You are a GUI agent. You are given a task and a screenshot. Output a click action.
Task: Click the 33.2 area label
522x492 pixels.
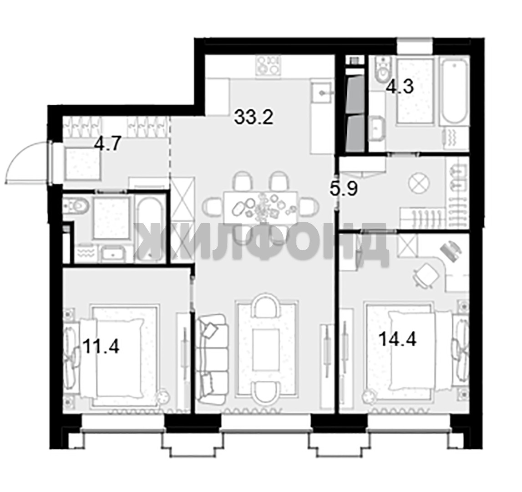click(x=253, y=117)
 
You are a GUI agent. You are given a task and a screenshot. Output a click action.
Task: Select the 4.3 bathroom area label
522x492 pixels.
click(x=400, y=87)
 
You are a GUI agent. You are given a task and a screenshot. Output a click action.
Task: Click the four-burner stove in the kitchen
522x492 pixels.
click(x=268, y=65)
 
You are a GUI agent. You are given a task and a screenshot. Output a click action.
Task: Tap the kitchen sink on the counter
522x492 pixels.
click(x=322, y=93)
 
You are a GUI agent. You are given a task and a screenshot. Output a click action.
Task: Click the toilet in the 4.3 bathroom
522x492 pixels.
click(x=382, y=68)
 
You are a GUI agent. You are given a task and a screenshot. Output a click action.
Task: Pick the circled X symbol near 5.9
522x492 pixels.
click(x=420, y=183)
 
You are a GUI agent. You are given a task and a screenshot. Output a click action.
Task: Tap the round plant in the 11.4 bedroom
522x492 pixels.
click(x=163, y=397)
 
